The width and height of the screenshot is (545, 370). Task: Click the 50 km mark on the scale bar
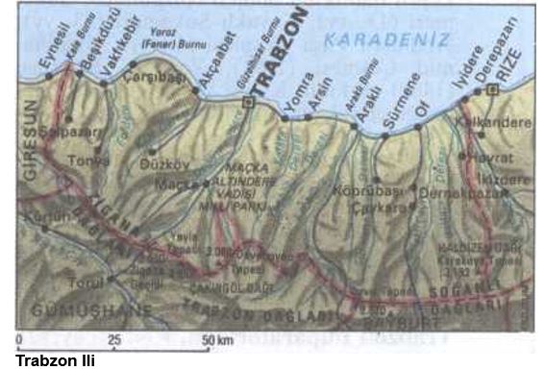[218, 341]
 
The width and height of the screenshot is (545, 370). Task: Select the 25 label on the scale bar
[114, 341]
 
